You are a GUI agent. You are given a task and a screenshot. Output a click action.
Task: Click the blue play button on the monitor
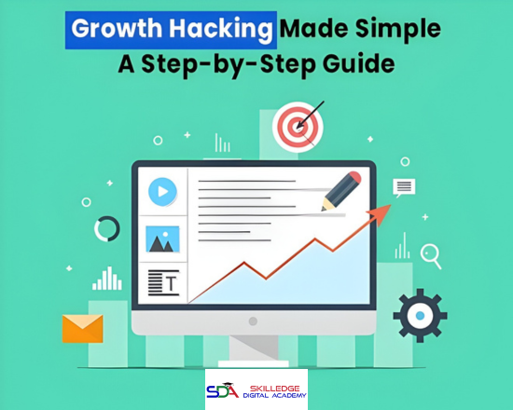tap(162, 192)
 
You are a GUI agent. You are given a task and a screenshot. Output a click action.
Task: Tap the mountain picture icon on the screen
tap(162, 239)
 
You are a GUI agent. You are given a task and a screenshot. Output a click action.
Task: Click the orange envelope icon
tap(81, 327)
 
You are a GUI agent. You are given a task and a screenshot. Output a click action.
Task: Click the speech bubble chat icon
tap(403, 187)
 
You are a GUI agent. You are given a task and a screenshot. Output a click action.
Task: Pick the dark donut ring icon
tap(107, 228)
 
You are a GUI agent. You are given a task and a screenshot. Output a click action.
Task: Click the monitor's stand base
tap(253, 353)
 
